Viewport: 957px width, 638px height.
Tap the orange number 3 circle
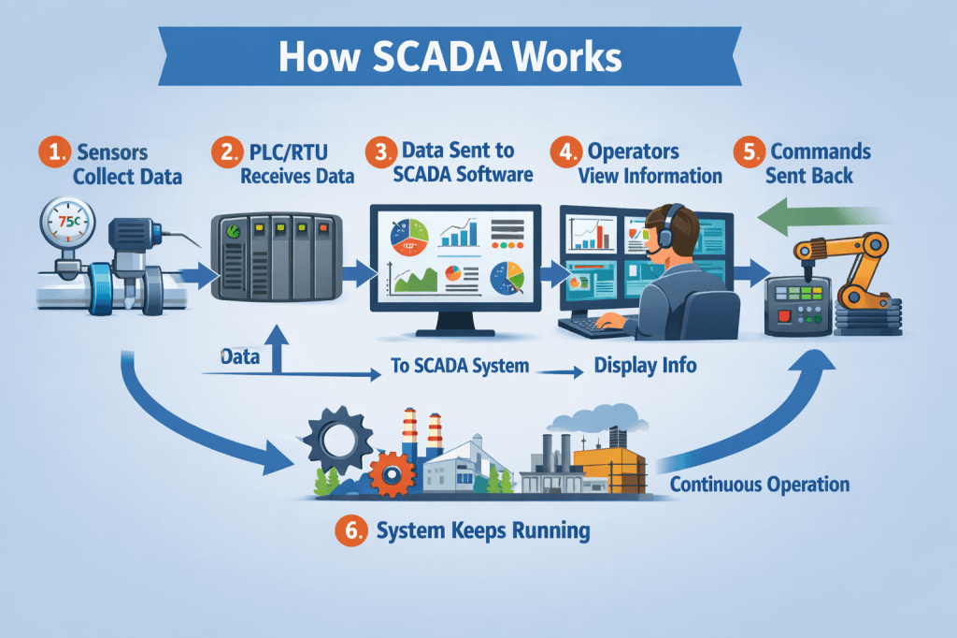click(x=380, y=152)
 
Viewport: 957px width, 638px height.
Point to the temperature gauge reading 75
click(x=66, y=221)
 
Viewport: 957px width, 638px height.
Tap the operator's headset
click(x=664, y=234)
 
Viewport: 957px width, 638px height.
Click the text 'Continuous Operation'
click(x=760, y=485)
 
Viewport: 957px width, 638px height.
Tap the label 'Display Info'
click(x=645, y=365)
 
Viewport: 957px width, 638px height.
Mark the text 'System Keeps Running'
click(x=482, y=531)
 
